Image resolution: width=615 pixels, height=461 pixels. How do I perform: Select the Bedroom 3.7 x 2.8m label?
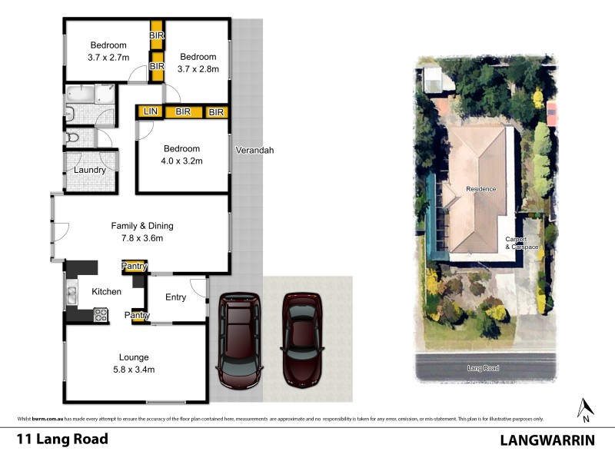click(199, 63)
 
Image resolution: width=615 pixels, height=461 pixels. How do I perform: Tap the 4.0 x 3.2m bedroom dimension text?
click(181, 161)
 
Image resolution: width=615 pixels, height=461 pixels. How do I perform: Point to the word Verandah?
click(254, 151)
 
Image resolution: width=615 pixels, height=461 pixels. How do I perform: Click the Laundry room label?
click(90, 170)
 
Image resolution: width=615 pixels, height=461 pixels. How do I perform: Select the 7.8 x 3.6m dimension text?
click(142, 238)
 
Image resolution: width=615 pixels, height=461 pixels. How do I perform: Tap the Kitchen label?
click(107, 292)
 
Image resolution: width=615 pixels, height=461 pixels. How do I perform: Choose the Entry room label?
click(175, 297)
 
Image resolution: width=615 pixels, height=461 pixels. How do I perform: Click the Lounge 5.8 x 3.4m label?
click(134, 363)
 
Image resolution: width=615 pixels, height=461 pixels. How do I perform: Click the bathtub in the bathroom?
click(81, 95)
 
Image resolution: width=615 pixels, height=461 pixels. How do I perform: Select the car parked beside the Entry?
click(239, 340)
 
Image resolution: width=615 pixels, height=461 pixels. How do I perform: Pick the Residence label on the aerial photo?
click(480, 189)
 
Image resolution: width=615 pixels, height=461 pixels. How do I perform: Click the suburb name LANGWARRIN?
click(548, 440)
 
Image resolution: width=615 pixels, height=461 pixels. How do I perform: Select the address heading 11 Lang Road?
click(62, 440)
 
